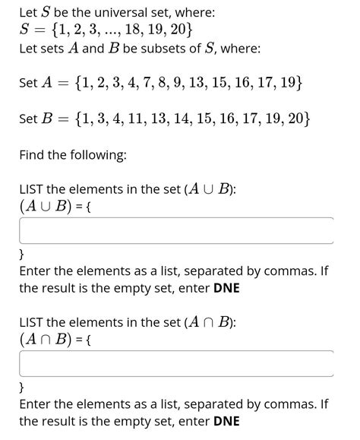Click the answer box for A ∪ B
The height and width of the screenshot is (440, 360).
176,230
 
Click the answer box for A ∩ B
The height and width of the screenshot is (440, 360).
176,363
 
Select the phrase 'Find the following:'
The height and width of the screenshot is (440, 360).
73,155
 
